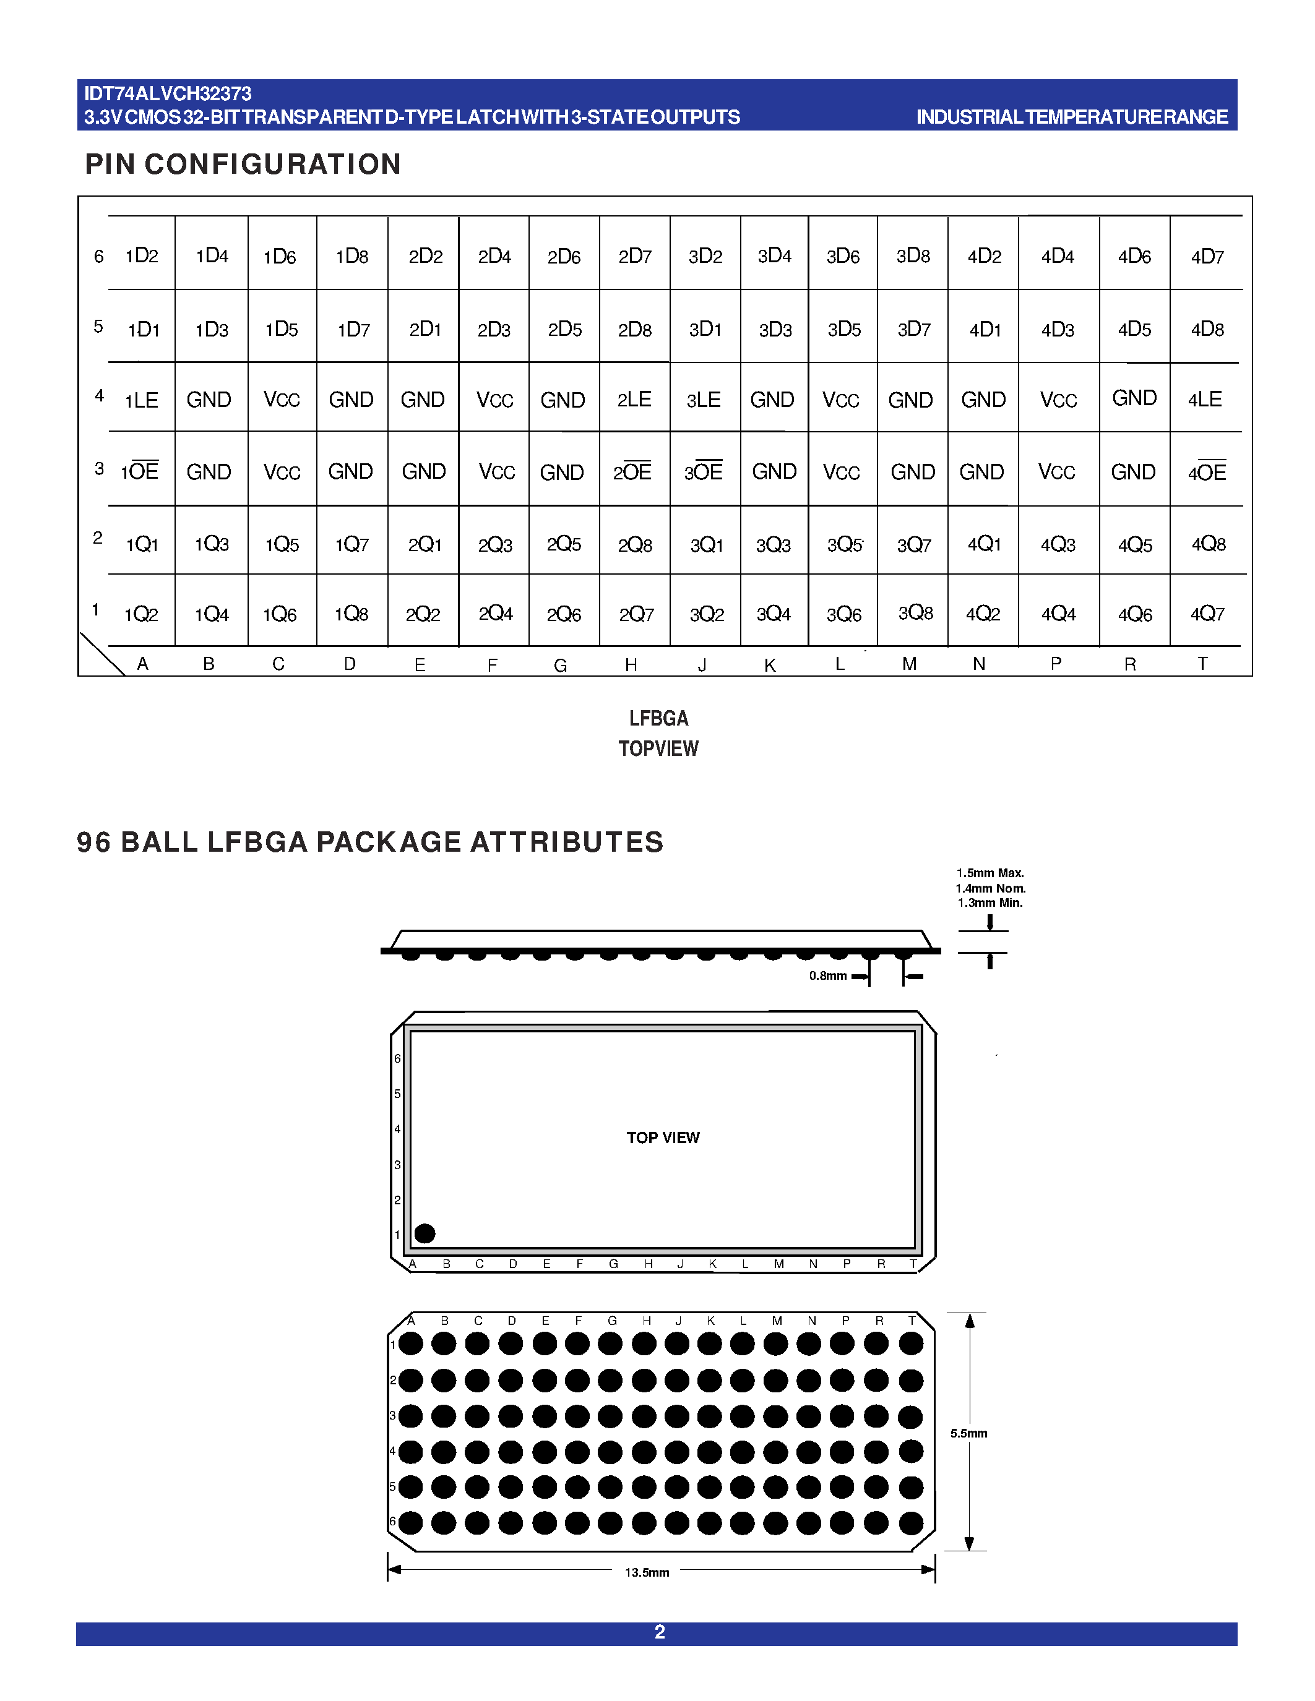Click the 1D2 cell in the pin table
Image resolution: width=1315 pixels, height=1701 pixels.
[142, 255]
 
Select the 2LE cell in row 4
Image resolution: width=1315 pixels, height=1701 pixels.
[634, 400]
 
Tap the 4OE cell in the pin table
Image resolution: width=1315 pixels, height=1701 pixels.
[1207, 472]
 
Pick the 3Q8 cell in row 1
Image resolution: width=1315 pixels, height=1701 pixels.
[915, 613]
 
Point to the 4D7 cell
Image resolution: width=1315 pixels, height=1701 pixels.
[1207, 256]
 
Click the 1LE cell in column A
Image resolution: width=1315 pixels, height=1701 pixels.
[142, 400]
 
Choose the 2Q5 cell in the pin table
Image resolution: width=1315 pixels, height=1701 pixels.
[564, 544]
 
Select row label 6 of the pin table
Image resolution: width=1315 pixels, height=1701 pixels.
[99, 256]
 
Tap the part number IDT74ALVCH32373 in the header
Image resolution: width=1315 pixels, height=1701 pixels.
[168, 94]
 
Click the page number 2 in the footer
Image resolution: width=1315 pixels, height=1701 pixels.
[659, 1632]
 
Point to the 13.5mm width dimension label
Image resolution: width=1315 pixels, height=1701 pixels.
[647, 1572]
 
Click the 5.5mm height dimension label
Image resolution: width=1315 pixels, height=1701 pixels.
[968, 1433]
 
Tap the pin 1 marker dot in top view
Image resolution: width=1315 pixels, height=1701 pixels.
[425, 1233]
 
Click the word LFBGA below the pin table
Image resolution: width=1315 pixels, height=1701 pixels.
[658, 718]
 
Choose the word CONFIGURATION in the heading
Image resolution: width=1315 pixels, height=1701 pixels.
[273, 165]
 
